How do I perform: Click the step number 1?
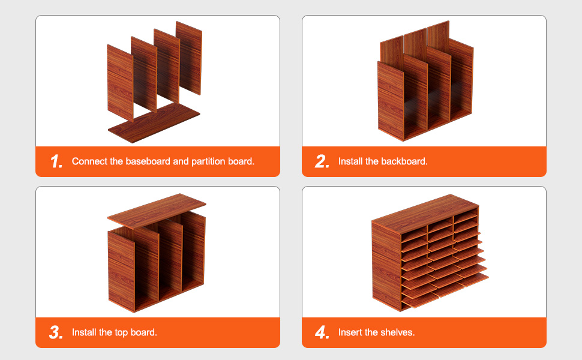[56, 161]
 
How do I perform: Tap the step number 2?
[322, 161]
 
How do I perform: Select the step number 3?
[56, 332]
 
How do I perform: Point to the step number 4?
[322, 332]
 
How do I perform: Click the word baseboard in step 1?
[148, 161]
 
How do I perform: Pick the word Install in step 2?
[350, 161]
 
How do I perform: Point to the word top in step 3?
[121, 332]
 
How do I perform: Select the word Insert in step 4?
[350, 332]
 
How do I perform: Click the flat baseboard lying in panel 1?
[154, 122]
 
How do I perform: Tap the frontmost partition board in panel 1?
[120, 83]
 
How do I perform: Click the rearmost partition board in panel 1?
[189, 58]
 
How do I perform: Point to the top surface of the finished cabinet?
[425, 214]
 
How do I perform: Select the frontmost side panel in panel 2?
[391, 101]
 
